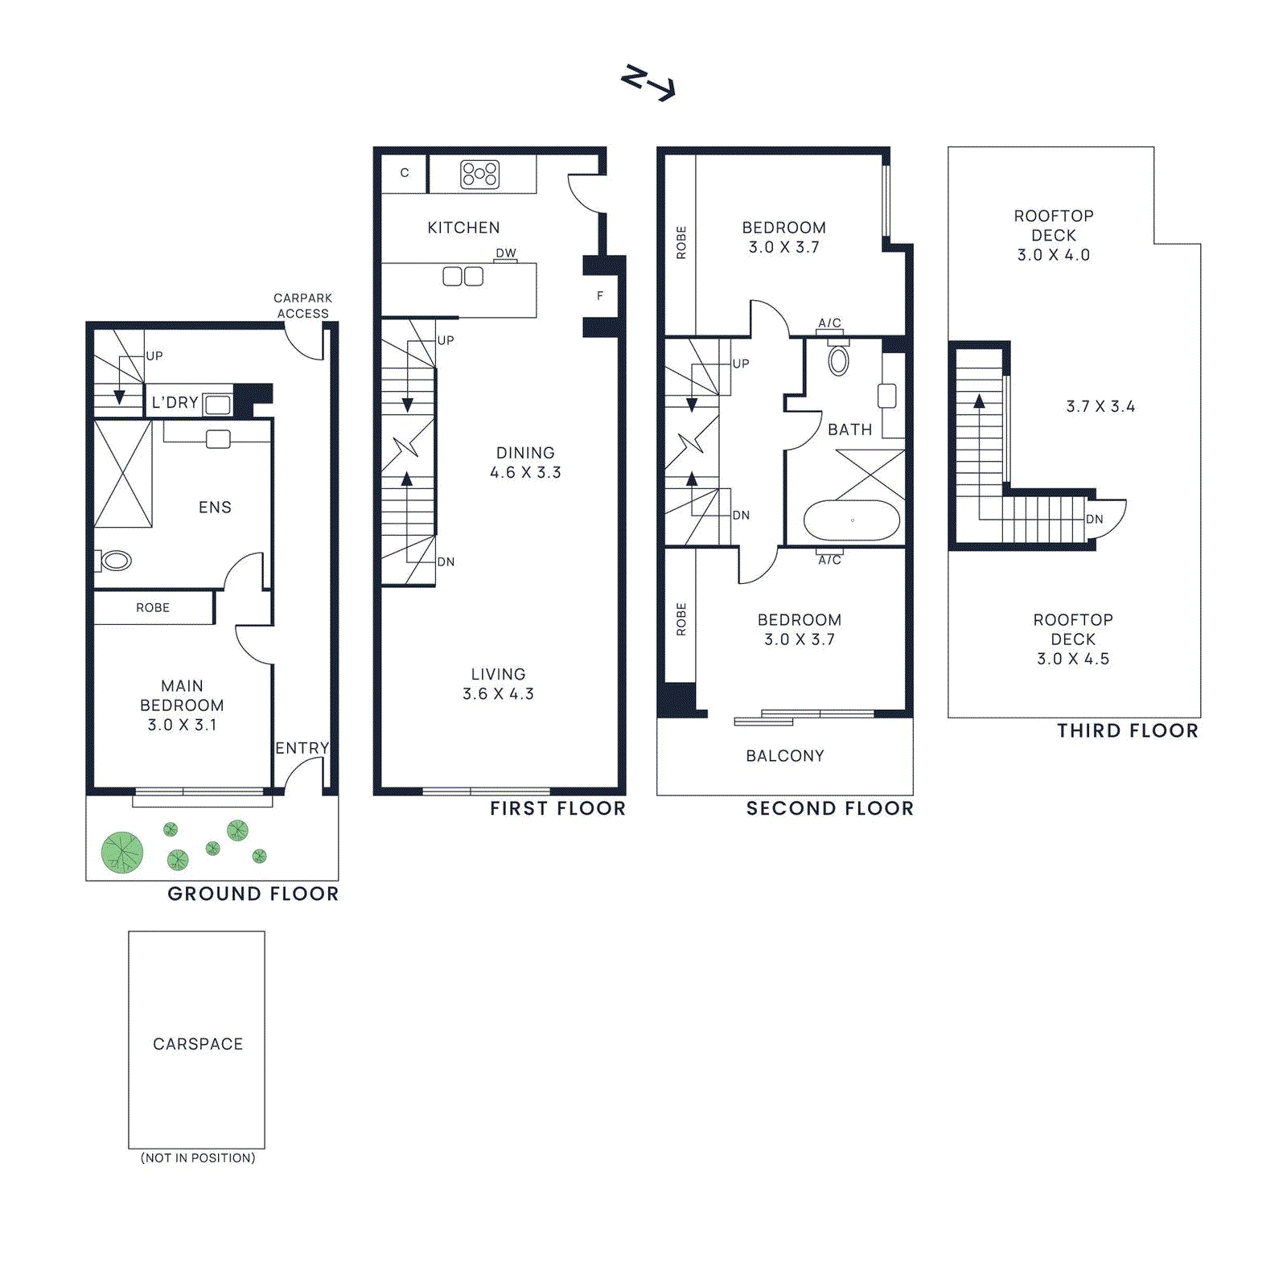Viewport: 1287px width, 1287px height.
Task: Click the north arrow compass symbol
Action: (648, 83)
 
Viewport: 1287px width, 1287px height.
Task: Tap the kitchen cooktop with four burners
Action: (479, 174)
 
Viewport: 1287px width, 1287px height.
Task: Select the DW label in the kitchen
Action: (505, 253)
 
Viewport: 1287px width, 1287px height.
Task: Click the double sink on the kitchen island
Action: (463, 277)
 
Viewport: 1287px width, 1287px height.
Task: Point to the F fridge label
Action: (600, 296)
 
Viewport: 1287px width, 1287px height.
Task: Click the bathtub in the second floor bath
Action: (852, 520)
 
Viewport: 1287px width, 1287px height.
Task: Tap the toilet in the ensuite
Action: (115, 561)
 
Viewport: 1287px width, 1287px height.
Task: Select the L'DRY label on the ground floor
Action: (175, 402)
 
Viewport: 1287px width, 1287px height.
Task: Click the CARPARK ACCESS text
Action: (302, 306)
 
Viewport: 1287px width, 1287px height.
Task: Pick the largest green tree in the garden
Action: (122, 853)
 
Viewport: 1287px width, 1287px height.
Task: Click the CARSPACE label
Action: (198, 1044)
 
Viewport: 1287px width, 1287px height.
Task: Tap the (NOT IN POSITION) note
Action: (198, 1157)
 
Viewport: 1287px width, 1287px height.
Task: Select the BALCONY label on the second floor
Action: (785, 756)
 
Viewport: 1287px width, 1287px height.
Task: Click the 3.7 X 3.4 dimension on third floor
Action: (1100, 407)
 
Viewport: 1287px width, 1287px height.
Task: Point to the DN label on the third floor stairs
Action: (1095, 520)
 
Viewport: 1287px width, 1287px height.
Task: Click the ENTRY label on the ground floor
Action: (302, 748)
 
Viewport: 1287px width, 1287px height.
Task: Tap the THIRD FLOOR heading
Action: (1127, 730)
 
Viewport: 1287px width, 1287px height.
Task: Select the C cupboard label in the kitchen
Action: (405, 173)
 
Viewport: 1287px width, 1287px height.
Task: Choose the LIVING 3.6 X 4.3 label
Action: (498, 684)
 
